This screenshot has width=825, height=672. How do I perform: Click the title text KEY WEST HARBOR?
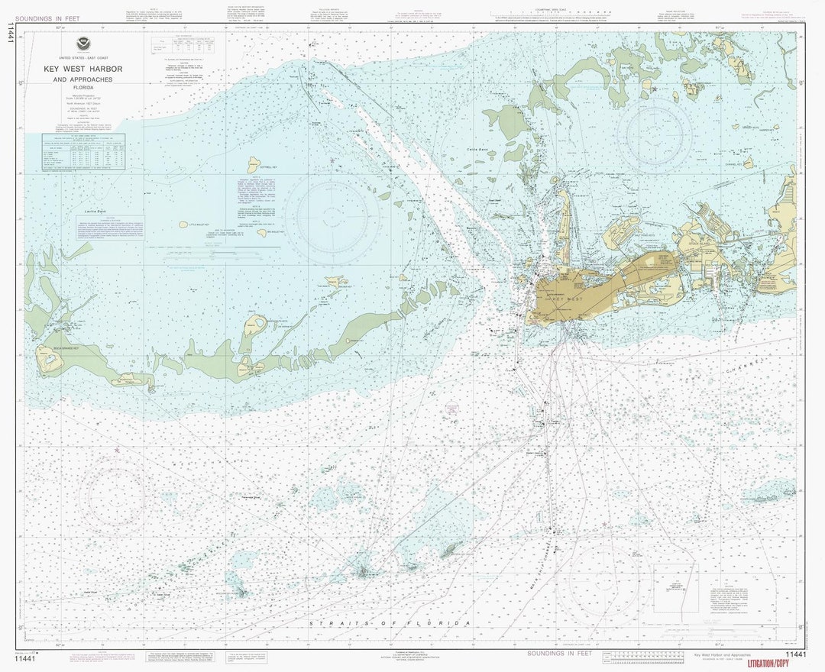click(x=82, y=69)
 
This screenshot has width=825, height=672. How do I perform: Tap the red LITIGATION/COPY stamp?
click(x=776, y=662)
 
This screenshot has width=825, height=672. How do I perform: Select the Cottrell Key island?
click(x=254, y=165)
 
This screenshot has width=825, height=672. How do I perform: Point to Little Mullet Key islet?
click(x=183, y=225)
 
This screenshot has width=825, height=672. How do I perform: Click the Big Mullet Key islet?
click(x=262, y=233)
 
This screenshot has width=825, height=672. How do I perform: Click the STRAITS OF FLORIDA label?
click(x=390, y=623)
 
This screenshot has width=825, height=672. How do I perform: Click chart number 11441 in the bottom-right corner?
click(x=794, y=654)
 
